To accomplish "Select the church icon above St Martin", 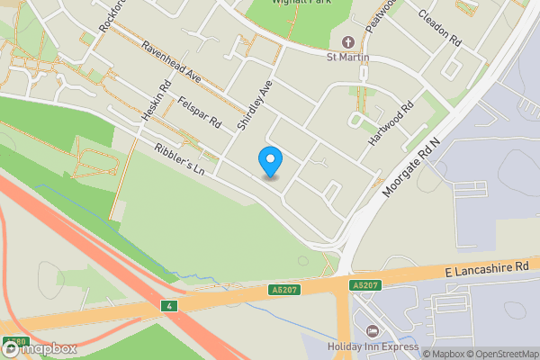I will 348,42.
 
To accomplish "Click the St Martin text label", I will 348,58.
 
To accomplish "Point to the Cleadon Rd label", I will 439,29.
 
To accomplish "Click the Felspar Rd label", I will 200,114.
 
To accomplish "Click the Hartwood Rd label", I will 391,123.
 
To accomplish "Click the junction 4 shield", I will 168,306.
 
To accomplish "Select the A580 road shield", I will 13,341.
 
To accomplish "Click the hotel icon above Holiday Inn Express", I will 373,330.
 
